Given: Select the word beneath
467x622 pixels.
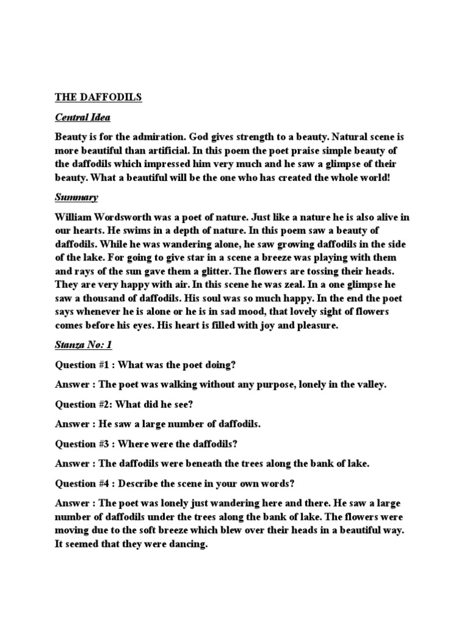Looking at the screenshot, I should coord(214,463).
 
